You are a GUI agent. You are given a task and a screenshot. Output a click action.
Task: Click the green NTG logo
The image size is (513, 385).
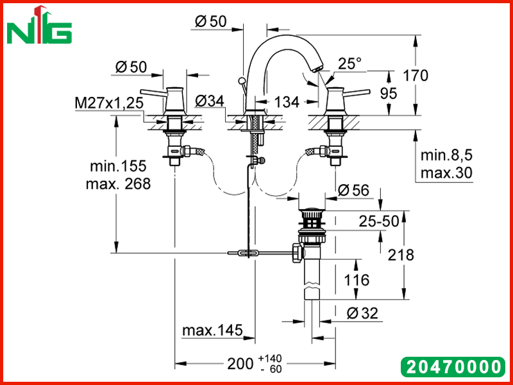point(39,26)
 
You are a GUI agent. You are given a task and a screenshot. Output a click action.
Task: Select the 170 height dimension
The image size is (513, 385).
point(415,76)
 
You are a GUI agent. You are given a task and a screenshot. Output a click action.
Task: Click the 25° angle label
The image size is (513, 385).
point(349,64)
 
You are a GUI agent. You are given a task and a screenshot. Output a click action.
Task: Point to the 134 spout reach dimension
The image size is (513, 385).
point(287,102)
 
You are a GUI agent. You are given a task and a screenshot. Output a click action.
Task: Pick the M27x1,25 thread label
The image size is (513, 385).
point(109,103)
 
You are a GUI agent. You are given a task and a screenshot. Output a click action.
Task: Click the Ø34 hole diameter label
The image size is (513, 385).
point(210,101)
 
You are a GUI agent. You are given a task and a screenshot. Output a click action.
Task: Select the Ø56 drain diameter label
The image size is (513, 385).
point(353,190)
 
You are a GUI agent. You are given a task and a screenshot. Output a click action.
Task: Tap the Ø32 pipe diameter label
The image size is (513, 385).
point(362,313)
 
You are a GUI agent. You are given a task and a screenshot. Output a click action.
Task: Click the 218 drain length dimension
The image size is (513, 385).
point(401,255)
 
